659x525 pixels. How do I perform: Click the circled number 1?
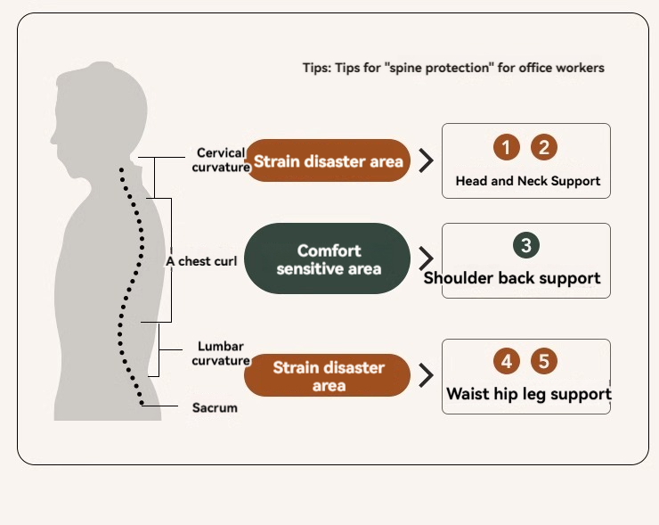[506, 147]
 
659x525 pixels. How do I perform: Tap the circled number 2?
[543, 147]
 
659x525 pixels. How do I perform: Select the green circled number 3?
[526, 245]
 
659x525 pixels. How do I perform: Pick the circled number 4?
[506, 361]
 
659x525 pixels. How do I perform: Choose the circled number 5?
[544, 361]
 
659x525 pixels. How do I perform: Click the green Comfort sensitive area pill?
[328, 259]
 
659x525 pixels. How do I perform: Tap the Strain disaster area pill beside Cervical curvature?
[328, 161]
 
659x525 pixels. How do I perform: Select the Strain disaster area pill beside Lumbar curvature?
[328, 376]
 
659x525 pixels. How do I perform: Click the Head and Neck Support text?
[527, 181]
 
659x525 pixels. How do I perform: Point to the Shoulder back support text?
[512, 278]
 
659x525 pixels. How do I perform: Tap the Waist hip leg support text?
[528, 393]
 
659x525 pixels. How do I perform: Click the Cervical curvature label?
[220, 160]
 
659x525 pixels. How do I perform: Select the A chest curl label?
[201, 261]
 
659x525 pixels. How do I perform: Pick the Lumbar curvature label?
[220, 353]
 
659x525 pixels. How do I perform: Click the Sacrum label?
[215, 408]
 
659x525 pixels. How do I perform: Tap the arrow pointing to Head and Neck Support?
[427, 160]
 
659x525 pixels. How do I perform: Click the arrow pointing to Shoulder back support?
[427, 258]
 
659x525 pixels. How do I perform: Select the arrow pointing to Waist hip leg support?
[427, 374]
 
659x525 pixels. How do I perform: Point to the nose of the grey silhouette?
[53, 141]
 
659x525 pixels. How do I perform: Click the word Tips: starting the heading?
[316, 68]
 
